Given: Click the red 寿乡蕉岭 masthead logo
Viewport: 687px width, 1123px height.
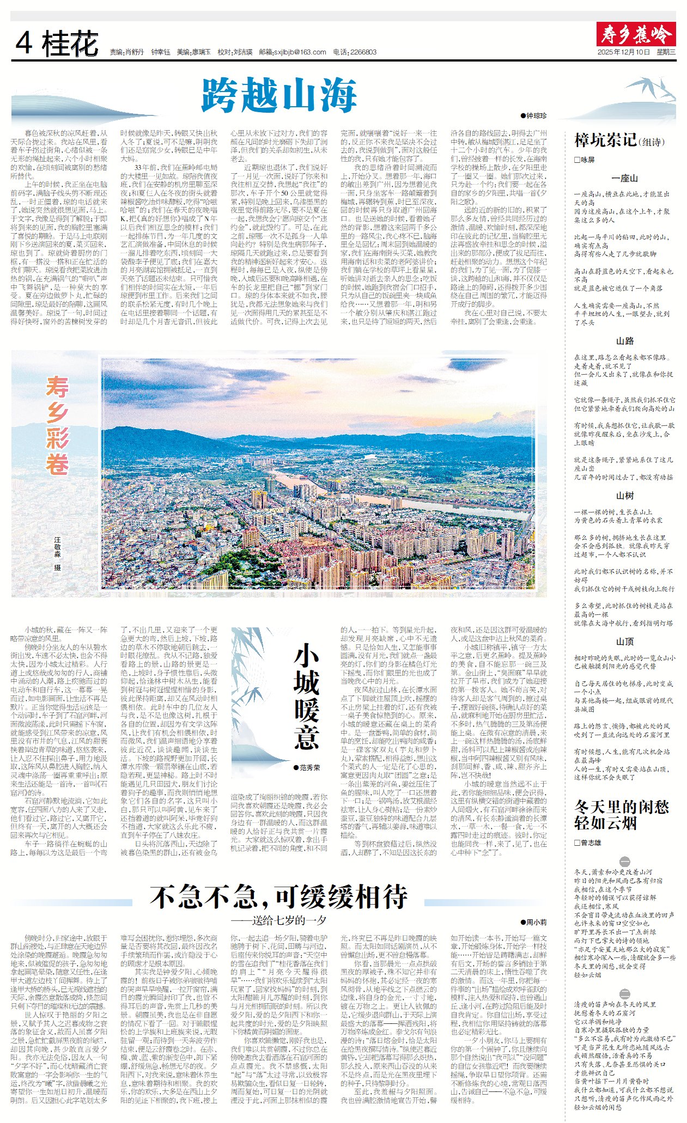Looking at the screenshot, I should point(636,34).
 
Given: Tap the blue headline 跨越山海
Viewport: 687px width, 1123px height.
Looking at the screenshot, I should point(279,95).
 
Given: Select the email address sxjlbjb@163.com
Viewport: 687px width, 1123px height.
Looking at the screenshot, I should point(300,52).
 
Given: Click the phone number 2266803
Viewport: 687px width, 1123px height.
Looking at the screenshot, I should point(363,52).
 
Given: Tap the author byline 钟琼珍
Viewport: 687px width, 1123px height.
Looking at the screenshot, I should point(536,115).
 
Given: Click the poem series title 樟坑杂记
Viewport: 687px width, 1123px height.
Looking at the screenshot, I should point(605,141).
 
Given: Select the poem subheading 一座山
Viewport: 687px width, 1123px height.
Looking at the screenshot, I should point(624,178).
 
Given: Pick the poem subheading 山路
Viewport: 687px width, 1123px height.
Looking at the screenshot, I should point(624,341).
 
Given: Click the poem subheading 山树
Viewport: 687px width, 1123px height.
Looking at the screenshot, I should point(624,496).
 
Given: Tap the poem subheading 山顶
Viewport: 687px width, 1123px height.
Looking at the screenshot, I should point(624,642).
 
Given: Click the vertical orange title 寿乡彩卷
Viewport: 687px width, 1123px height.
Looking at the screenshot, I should point(57,425).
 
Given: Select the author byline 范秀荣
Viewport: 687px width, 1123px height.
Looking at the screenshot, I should point(309,767).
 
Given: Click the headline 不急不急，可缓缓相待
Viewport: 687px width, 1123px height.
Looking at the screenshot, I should point(278,896).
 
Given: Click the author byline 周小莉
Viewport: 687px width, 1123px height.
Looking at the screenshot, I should point(536,922).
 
